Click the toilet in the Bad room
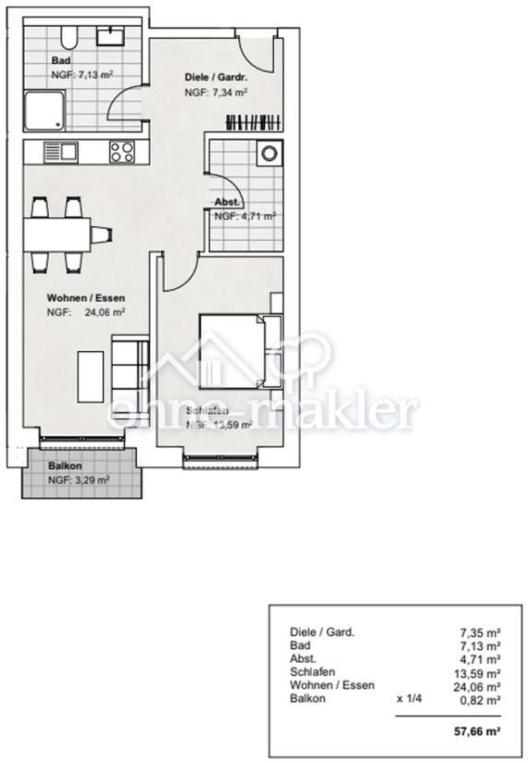click(x=66, y=39)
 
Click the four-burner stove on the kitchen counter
click(x=122, y=152)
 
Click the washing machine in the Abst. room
click(x=270, y=154)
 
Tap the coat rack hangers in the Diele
click(x=253, y=121)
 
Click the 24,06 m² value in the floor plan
click(x=105, y=312)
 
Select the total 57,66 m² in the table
click(x=480, y=732)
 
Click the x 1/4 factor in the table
click(x=409, y=700)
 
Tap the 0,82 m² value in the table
click(x=480, y=700)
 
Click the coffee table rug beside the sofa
click(x=89, y=375)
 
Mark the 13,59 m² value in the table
click(x=480, y=673)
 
